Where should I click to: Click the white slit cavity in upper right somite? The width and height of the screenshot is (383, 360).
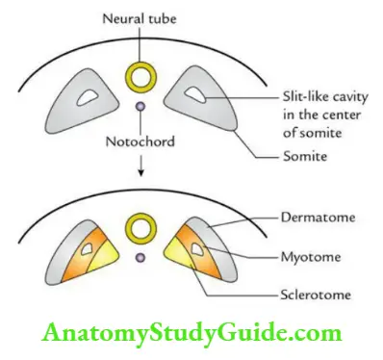click(x=196, y=95)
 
